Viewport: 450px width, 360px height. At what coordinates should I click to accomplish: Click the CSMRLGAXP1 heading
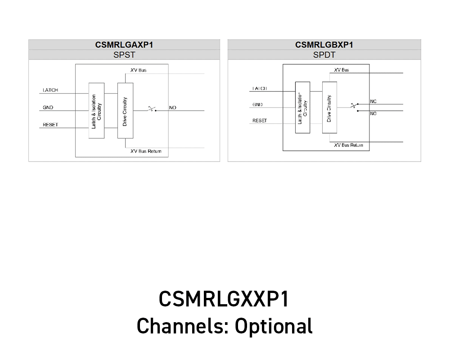pos(124,45)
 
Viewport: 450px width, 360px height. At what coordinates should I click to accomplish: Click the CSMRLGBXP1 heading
pos(324,45)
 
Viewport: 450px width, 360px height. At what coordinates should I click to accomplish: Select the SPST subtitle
pos(124,55)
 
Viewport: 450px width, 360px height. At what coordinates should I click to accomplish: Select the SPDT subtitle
pos(324,55)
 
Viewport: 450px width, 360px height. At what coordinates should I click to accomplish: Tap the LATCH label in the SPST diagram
pos(50,90)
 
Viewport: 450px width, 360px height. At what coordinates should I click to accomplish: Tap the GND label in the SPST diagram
pos(48,108)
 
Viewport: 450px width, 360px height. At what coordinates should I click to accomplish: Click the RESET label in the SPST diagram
pos(50,125)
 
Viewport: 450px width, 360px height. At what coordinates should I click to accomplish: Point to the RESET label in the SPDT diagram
pos(259,121)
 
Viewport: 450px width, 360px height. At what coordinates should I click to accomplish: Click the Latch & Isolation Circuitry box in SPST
pos(96,111)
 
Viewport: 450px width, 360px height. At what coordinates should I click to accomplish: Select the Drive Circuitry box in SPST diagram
pos(125,111)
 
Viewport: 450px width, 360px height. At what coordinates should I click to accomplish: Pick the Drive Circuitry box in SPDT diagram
pos(329,108)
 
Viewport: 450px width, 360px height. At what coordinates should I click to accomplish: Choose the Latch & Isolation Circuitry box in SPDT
pos(303,108)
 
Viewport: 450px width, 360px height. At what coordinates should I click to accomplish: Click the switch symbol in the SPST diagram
pos(152,109)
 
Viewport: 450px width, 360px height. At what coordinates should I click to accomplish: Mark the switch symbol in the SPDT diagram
pos(354,106)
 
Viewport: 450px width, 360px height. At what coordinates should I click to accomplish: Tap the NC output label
pos(373,102)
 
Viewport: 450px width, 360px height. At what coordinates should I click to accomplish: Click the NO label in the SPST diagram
pos(172,108)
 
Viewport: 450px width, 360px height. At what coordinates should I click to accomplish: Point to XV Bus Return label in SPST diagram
pos(146,151)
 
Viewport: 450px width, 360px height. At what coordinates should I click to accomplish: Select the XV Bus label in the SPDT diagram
pos(342,70)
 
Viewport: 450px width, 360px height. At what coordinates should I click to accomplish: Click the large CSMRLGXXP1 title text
pos(224,299)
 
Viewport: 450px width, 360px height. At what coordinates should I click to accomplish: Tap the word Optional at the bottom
pos(274,326)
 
